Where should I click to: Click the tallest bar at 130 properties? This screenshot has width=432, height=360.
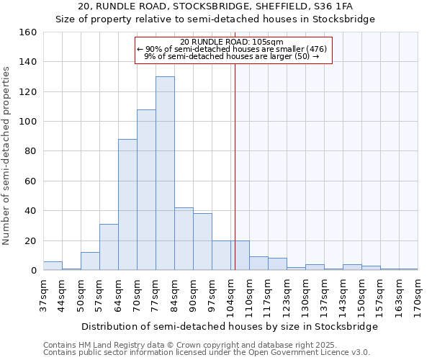click(x=165, y=174)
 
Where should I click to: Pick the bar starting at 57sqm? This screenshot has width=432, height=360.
click(x=109, y=248)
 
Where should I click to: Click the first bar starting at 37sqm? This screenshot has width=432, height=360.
click(x=53, y=266)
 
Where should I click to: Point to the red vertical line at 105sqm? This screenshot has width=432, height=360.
click(x=235, y=166)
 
